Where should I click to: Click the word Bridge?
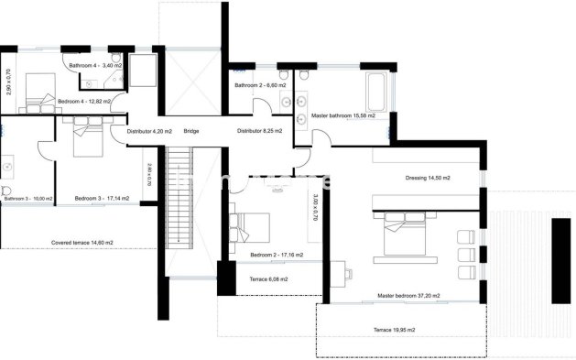coord(191,131)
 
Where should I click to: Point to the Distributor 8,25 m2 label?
coord(259,131)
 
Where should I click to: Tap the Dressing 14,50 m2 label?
coord(428,178)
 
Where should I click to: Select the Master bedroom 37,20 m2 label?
coord(408,296)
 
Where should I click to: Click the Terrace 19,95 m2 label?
coord(394,330)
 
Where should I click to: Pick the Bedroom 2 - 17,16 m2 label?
coord(277,255)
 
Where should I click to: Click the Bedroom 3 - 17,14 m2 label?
coord(102,198)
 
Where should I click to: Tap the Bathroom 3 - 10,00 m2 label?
coord(27,198)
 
